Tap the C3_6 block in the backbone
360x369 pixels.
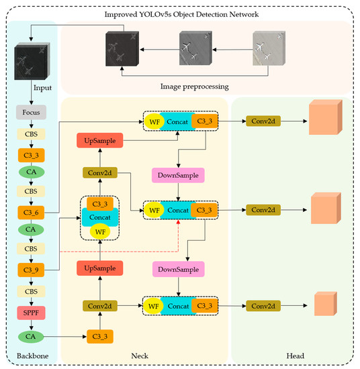(30, 213)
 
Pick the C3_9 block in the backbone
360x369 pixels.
(30, 270)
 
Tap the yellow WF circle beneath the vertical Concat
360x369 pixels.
(101, 231)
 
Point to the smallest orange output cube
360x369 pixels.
(324, 305)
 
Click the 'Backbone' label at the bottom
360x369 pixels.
(30, 355)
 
